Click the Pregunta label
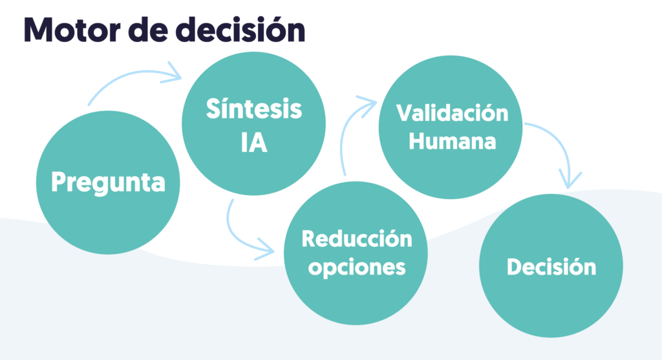[108, 182]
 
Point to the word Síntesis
[253, 109]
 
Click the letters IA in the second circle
[253, 143]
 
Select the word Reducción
[356, 238]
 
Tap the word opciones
[356, 266]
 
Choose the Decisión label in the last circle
[551, 266]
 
